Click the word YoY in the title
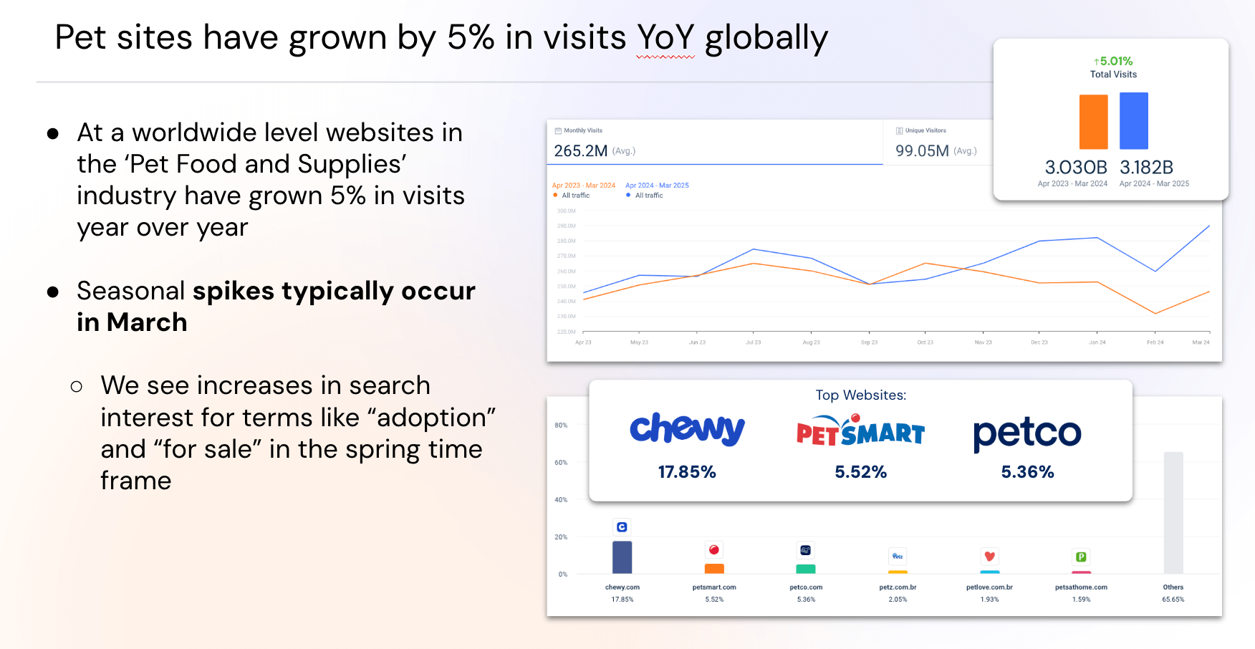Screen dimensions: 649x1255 [x=665, y=37]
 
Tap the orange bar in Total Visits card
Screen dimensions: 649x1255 [x=1093, y=122]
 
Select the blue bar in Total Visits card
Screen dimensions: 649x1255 [x=1133, y=120]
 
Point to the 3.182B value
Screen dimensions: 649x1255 [x=1146, y=168]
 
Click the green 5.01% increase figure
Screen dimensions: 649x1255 [x=1113, y=62]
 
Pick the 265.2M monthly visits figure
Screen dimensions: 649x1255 [x=581, y=151]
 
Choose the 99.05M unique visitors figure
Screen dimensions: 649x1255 [x=922, y=151]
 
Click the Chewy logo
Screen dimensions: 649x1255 [x=687, y=429]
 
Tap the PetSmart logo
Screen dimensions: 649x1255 [x=860, y=431]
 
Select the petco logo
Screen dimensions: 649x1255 [x=1026, y=433]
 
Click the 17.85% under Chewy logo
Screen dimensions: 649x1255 [x=687, y=472]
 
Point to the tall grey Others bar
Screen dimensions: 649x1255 [x=1173, y=512]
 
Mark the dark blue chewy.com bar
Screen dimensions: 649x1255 [x=622, y=557]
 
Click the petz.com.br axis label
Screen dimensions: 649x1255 [x=898, y=587]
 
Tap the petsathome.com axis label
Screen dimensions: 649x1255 [x=1080, y=587]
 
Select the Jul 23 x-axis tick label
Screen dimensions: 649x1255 [x=753, y=342]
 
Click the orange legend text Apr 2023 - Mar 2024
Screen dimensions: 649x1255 [x=584, y=186]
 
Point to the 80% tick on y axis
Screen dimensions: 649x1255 [x=561, y=426]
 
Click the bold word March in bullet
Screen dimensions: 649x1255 [x=147, y=322]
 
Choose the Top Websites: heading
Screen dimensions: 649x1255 [x=860, y=395]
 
